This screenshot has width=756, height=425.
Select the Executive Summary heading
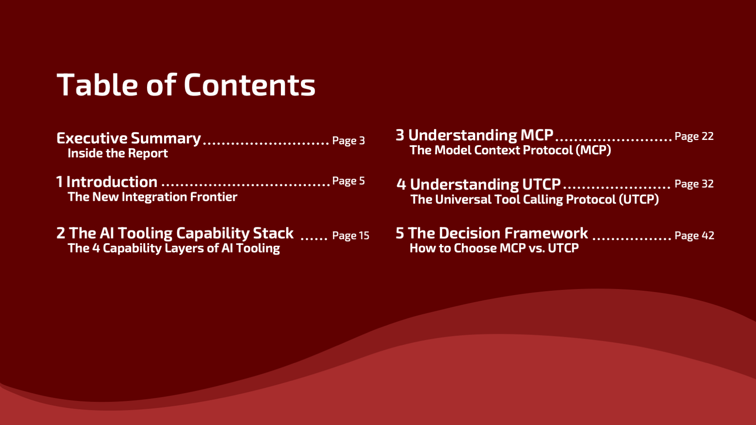[129, 138]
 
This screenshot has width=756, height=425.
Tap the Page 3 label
[348, 140]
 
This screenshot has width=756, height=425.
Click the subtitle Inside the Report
[118, 153]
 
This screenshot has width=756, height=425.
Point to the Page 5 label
[348, 181]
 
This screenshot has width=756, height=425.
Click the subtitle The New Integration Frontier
[152, 197]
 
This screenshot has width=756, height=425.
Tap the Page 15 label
[350, 235]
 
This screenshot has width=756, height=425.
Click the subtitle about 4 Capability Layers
[174, 248]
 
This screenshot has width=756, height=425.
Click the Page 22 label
[694, 136]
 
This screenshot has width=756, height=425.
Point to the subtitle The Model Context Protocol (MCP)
[510, 150]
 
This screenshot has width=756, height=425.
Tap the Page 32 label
[694, 184]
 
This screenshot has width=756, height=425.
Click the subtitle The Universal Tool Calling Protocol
[535, 199]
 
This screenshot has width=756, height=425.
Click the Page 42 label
[694, 235]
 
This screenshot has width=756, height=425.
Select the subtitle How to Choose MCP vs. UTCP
[494, 248]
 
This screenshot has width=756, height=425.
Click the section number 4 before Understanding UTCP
[401, 185]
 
